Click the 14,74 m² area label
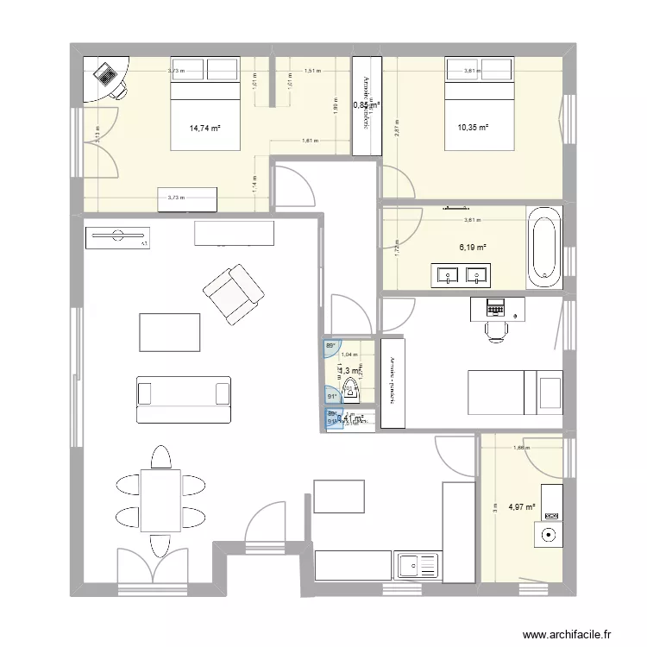pyautogui.click(x=204, y=128)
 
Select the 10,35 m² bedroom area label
pyautogui.click(x=473, y=128)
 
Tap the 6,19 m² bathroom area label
pyautogui.click(x=473, y=247)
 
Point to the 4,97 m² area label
pyautogui.click(x=521, y=507)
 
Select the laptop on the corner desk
pyautogui.click(x=108, y=76)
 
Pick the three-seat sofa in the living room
pyautogui.click(x=183, y=399)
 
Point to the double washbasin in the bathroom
pyautogui.click(x=462, y=276)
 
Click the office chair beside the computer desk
pyautogui.click(x=497, y=331)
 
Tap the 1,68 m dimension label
pyautogui.click(x=521, y=448)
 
